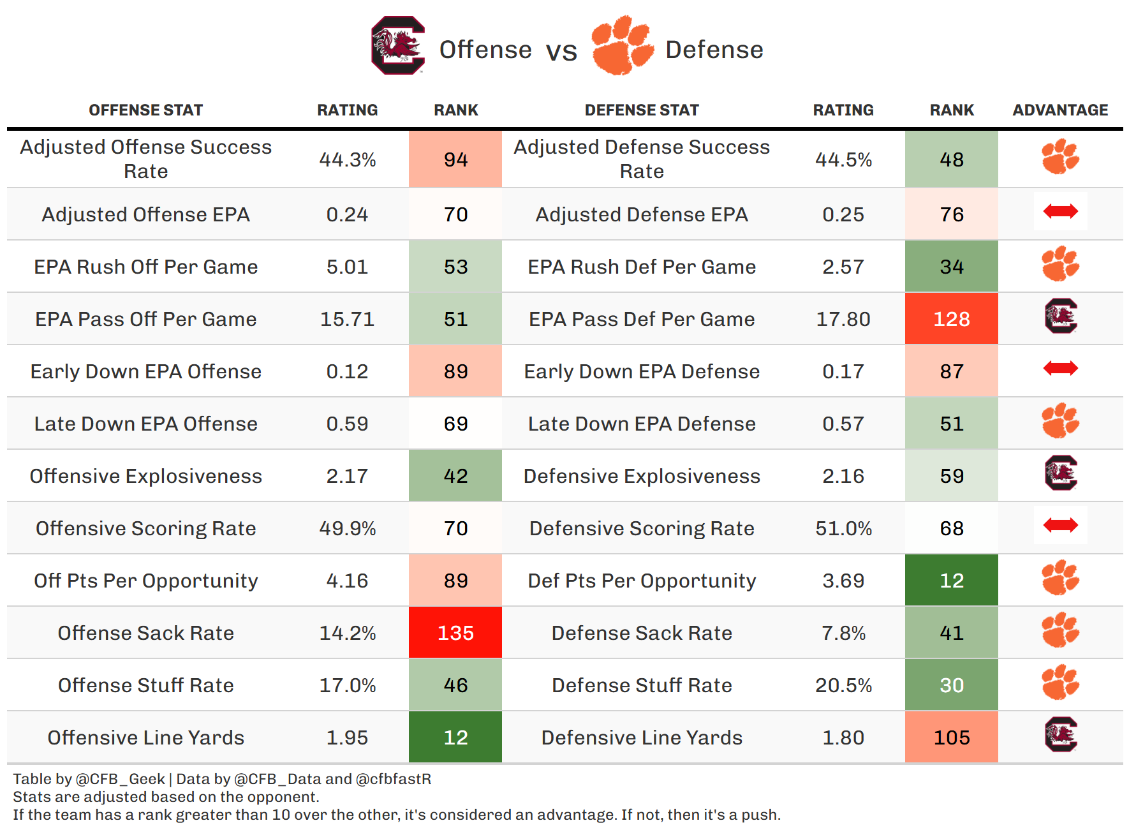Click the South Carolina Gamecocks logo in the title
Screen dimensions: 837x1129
398,46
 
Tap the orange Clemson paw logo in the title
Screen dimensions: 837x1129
621,46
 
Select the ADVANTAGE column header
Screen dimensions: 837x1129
1059,110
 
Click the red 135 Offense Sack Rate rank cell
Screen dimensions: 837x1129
455,633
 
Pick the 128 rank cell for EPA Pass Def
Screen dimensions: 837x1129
951,319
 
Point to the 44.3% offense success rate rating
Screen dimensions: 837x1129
347,159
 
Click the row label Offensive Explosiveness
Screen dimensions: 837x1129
145,476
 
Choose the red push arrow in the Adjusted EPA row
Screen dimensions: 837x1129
1060,211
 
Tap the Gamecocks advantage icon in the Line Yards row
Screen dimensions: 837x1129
1060,735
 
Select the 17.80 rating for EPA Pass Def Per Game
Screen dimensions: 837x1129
843,319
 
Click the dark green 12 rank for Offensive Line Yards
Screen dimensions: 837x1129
455,737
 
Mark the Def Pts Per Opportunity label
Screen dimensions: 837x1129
642,581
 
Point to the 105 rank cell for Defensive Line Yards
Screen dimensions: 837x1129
951,737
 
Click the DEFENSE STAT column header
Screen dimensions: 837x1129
642,110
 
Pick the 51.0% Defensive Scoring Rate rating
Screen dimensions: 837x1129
843,528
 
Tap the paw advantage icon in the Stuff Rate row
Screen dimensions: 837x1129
1060,682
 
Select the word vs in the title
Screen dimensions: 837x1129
561,51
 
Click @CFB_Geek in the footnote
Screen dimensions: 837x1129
121,779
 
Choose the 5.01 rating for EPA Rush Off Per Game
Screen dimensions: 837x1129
347,267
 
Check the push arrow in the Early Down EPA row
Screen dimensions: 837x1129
1060,368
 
